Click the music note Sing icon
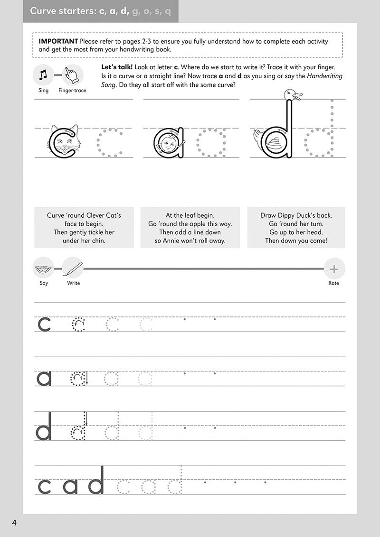(43, 74)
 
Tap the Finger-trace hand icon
(73, 74)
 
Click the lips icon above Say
(43, 268)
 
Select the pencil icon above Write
(73, 268)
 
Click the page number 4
(15, 522)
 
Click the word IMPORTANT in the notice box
(59, 41)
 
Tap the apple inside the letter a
(169, 143)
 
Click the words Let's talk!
(117, 67)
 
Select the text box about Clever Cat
(84, 228)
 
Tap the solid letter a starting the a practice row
(44, 378)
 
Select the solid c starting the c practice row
(44, 324)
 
